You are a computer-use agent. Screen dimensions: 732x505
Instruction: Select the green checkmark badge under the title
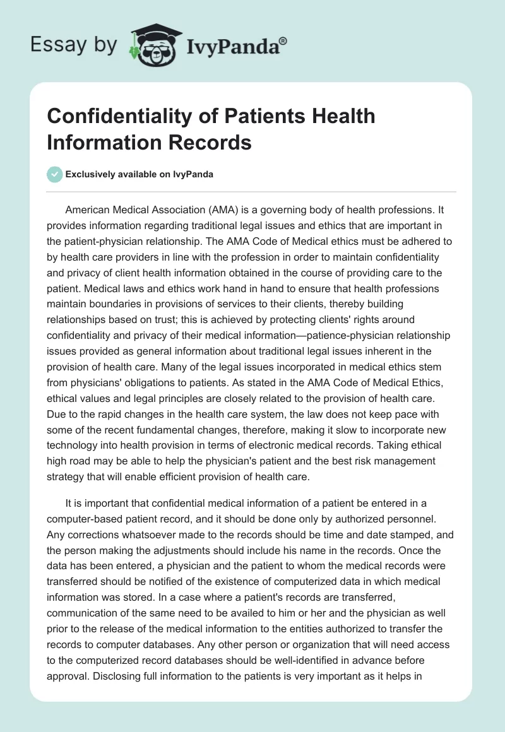[x=55, y=174]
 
